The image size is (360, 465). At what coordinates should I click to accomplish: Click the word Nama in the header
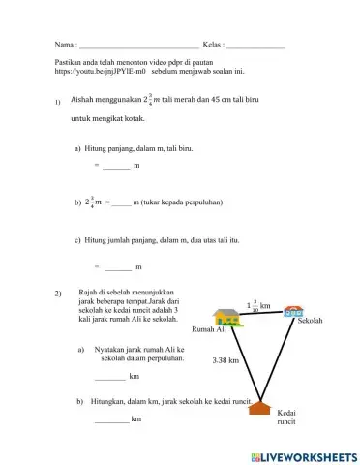(64, 46)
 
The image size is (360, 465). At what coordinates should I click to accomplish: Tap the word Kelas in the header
(213, 46)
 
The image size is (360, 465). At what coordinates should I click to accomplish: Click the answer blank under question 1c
(117, 265)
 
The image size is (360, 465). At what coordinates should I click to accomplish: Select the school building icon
(292, 314)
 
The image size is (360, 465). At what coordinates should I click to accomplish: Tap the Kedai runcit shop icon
(258, 408)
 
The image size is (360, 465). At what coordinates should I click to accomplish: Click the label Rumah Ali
(209, 330)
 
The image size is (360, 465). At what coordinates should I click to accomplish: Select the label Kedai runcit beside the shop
(286, 418)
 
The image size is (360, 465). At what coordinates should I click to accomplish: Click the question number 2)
(58, 292)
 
